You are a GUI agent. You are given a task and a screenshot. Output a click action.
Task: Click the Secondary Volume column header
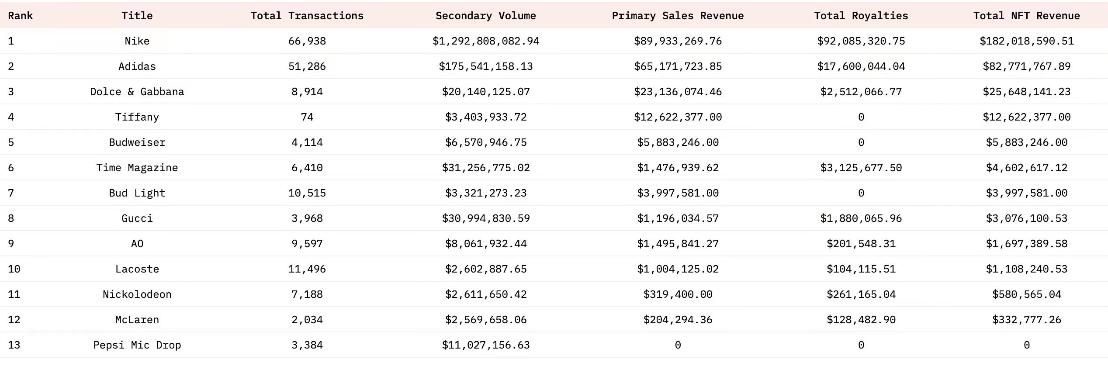[x=485, y=16]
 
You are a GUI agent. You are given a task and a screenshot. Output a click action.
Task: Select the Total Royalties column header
[x=861, y=16]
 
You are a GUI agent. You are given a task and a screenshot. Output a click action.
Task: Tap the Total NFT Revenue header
[x=1026, y=16]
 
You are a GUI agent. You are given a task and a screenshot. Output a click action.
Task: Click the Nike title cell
[x=137, y=41]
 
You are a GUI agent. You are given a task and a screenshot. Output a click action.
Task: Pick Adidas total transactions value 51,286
[x=307, y=66]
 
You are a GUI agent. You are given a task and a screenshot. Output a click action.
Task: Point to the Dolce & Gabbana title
[x=137, y=92]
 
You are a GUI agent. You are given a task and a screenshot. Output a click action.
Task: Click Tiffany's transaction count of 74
[x=307, y=117]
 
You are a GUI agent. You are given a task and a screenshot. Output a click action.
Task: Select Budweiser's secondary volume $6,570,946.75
[x=485, y=142]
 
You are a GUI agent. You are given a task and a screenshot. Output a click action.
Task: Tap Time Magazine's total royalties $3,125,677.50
[x=861, y=168]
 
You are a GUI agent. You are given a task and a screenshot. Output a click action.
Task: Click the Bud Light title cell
[x=137, y=193]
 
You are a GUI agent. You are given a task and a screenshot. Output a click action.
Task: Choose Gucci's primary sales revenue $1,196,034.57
[x=678, y=218]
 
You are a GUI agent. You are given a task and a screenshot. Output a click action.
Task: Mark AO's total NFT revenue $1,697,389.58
[x=1026, y=244]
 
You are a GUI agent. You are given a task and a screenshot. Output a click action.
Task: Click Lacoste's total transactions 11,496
[x=307, y=269]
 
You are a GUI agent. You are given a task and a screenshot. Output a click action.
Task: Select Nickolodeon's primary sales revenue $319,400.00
[x=678, y=294]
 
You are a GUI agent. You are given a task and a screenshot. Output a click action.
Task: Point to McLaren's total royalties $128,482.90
[x=861, y=320]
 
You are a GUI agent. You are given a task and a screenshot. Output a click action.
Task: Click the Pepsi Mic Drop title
[x=137, y=345]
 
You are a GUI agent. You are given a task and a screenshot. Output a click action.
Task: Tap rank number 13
[x=14, y=345]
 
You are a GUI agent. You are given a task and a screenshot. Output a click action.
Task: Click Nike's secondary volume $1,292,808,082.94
[x=485, y=41]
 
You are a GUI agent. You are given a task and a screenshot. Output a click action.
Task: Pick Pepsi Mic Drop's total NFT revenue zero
[x=1026, y=345]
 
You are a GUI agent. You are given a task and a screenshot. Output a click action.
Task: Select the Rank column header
[x=20, y=16]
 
